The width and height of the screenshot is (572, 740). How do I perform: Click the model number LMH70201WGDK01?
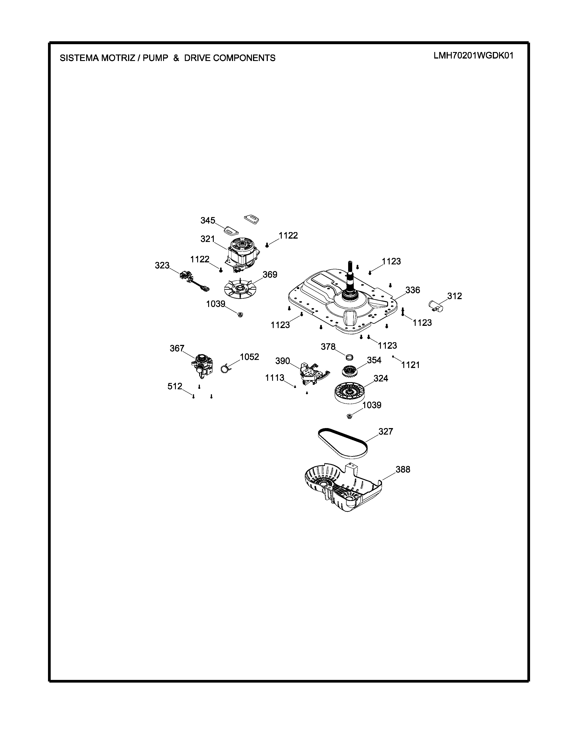[x=473, y=56]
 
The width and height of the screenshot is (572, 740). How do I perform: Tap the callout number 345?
[x=208, y=221]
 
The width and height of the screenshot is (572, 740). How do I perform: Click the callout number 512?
[x=175, y=386]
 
